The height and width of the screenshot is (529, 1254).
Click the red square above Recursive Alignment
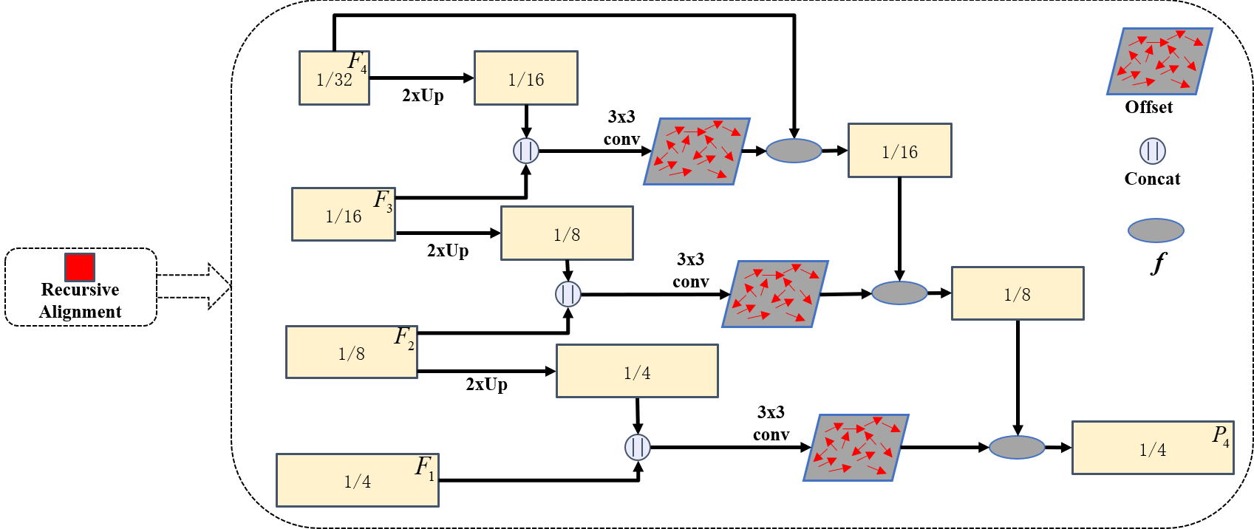[79, 267]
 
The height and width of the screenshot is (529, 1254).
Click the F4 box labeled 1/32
[334, 78]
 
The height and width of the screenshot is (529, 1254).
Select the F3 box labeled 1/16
[344, 214]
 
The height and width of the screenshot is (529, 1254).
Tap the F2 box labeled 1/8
[352, 352]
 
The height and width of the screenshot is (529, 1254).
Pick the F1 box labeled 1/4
[358, 480]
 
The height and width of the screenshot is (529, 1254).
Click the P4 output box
[1153, 448]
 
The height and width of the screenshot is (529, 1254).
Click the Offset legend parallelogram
[1159, 61]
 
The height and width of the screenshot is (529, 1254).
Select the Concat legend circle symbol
[1152, 151]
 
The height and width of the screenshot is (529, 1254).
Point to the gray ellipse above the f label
[1156, 231]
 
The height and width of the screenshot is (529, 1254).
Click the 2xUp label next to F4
[423, 95]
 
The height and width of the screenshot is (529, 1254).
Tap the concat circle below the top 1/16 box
[526, 151]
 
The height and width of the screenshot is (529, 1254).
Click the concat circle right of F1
[638, 447]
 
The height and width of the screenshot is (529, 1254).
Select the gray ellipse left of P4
[1017, 447]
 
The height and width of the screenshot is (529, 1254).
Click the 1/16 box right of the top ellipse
[899, 151]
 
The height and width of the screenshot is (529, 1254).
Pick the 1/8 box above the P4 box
[1018, 293]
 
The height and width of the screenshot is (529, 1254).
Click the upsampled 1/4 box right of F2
[637, 371]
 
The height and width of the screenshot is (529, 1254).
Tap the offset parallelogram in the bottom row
[856, 448]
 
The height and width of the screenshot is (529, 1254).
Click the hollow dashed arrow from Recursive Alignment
[196, 287]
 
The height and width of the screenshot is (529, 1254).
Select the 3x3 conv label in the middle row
[691, 270]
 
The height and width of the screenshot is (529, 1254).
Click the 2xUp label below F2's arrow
[486, 384]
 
